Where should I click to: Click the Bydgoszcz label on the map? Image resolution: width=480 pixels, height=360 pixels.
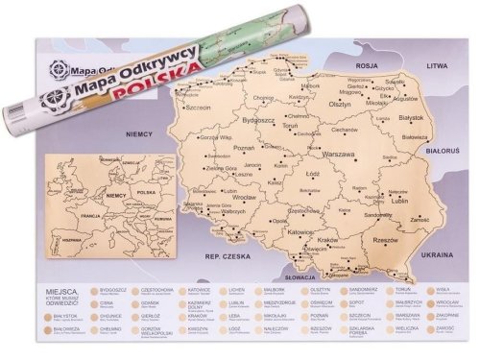click(x=260, y=121)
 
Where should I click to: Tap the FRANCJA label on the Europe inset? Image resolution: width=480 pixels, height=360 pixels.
click(x=89, y=217)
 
